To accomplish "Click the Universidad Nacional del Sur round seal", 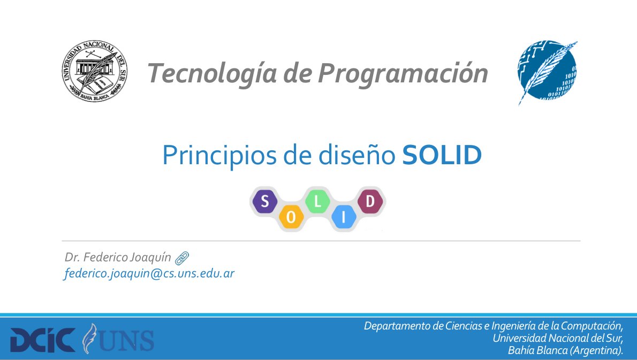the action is pos(95,71).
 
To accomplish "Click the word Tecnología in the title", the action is pos(213,74).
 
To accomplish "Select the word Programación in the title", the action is pos(403,74).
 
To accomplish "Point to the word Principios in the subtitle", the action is pos(220,156).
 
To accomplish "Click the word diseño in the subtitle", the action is pos(357,155).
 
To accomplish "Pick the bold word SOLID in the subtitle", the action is pos(442,155).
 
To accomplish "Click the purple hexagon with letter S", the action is pos(265,201).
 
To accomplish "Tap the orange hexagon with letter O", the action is pos(291,217).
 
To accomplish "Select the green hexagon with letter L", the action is pos(317,201).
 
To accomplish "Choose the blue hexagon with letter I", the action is pos(344,217).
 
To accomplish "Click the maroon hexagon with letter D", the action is pos(370,201).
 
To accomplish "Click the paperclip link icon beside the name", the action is pos(182,258).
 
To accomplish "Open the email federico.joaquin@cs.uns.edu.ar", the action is pos(149,273).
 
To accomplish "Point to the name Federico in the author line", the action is pos(105,257).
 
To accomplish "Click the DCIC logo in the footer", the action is pos(43,340).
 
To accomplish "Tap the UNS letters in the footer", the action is pos(127,340).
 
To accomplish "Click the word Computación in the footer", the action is pos(592,326).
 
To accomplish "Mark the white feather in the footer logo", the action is pos(90,339).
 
